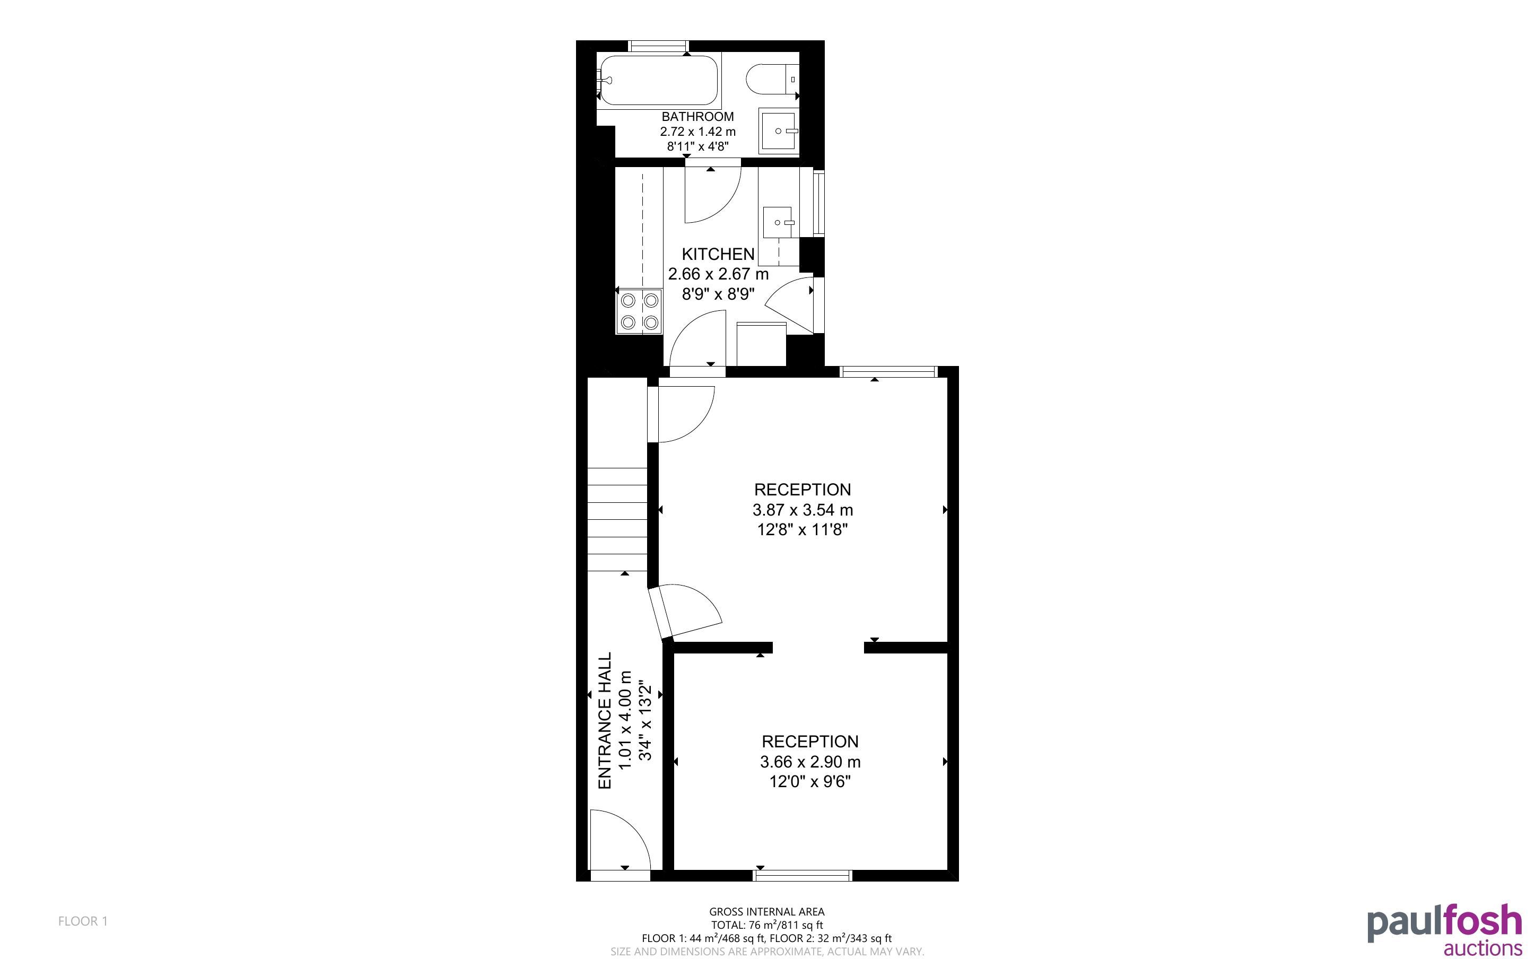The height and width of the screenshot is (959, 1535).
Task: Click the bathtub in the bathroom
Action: pos(659,81)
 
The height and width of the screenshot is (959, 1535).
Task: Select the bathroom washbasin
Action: pos(779,130)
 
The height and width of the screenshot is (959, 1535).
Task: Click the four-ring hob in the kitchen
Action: pos(639,311)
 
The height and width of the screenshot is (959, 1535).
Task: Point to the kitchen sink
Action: pos(778,223)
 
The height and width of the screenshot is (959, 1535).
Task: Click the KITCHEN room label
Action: pos(718,255)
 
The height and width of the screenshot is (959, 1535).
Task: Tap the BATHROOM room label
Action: pos(697,117)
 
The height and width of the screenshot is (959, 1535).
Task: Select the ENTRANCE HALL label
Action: pos(605,720)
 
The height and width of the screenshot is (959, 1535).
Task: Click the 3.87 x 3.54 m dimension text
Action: pos(803,510)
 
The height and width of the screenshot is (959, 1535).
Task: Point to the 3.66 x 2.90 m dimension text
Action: pos(810,762)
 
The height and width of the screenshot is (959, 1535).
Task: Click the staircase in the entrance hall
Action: pos(617,519)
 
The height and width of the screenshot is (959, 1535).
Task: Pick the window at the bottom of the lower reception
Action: pos(803,876)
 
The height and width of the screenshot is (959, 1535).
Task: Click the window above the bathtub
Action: pos(658,46)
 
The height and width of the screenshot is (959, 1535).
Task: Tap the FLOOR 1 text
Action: pos(83,921)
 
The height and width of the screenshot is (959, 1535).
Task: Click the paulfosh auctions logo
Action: pos(1444,930)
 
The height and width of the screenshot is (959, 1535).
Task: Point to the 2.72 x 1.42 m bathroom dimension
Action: pos(697,132)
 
